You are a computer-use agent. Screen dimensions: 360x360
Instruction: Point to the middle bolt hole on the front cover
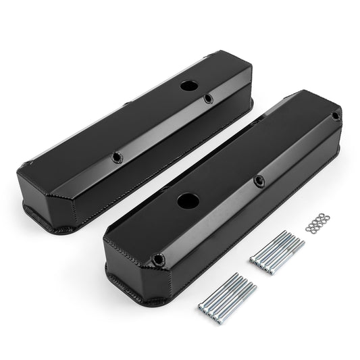point(259,180)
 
